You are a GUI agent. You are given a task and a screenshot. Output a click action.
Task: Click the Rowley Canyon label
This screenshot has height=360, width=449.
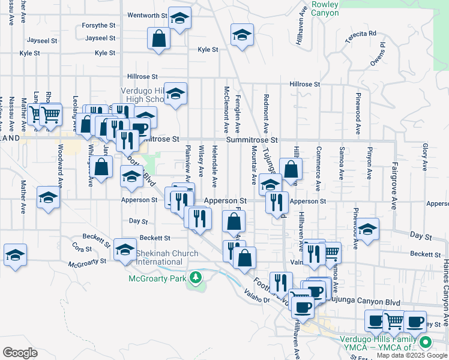click(x=325, y=8)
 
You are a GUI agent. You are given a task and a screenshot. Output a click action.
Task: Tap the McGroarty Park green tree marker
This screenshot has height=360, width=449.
click(x=194, y=277)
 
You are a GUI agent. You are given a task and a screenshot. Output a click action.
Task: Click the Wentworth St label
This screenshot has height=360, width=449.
click(x=146, y=15)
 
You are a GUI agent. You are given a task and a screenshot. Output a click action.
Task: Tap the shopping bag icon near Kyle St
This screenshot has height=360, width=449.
click(x=158, y=39)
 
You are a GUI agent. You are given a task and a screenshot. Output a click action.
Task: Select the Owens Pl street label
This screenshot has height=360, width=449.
click(x=378, y=55)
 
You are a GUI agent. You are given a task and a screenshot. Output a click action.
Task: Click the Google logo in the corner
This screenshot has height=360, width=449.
click(x=20, y=353)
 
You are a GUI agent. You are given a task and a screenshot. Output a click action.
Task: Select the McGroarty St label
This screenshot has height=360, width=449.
click(x=87, y=262)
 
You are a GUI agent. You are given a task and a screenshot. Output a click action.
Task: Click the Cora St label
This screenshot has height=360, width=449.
click(x=82, y=248)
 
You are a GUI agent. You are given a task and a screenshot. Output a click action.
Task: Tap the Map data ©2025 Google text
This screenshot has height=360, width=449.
click(x=411, y=355)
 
